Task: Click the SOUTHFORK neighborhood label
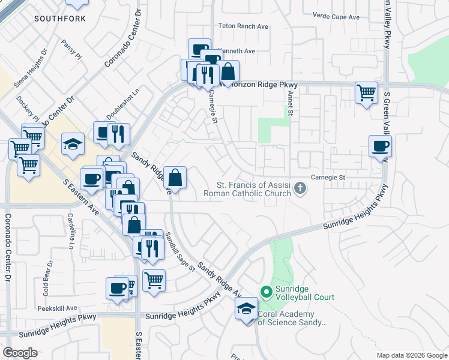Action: [59, 19]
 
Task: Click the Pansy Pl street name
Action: [71, 49]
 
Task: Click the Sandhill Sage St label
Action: [180, 251]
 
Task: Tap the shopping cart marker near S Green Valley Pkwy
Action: [366, 93]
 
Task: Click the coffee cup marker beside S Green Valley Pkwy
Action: [379, 146]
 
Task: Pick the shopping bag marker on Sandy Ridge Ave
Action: [175, 178]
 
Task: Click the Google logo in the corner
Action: [20, 353]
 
